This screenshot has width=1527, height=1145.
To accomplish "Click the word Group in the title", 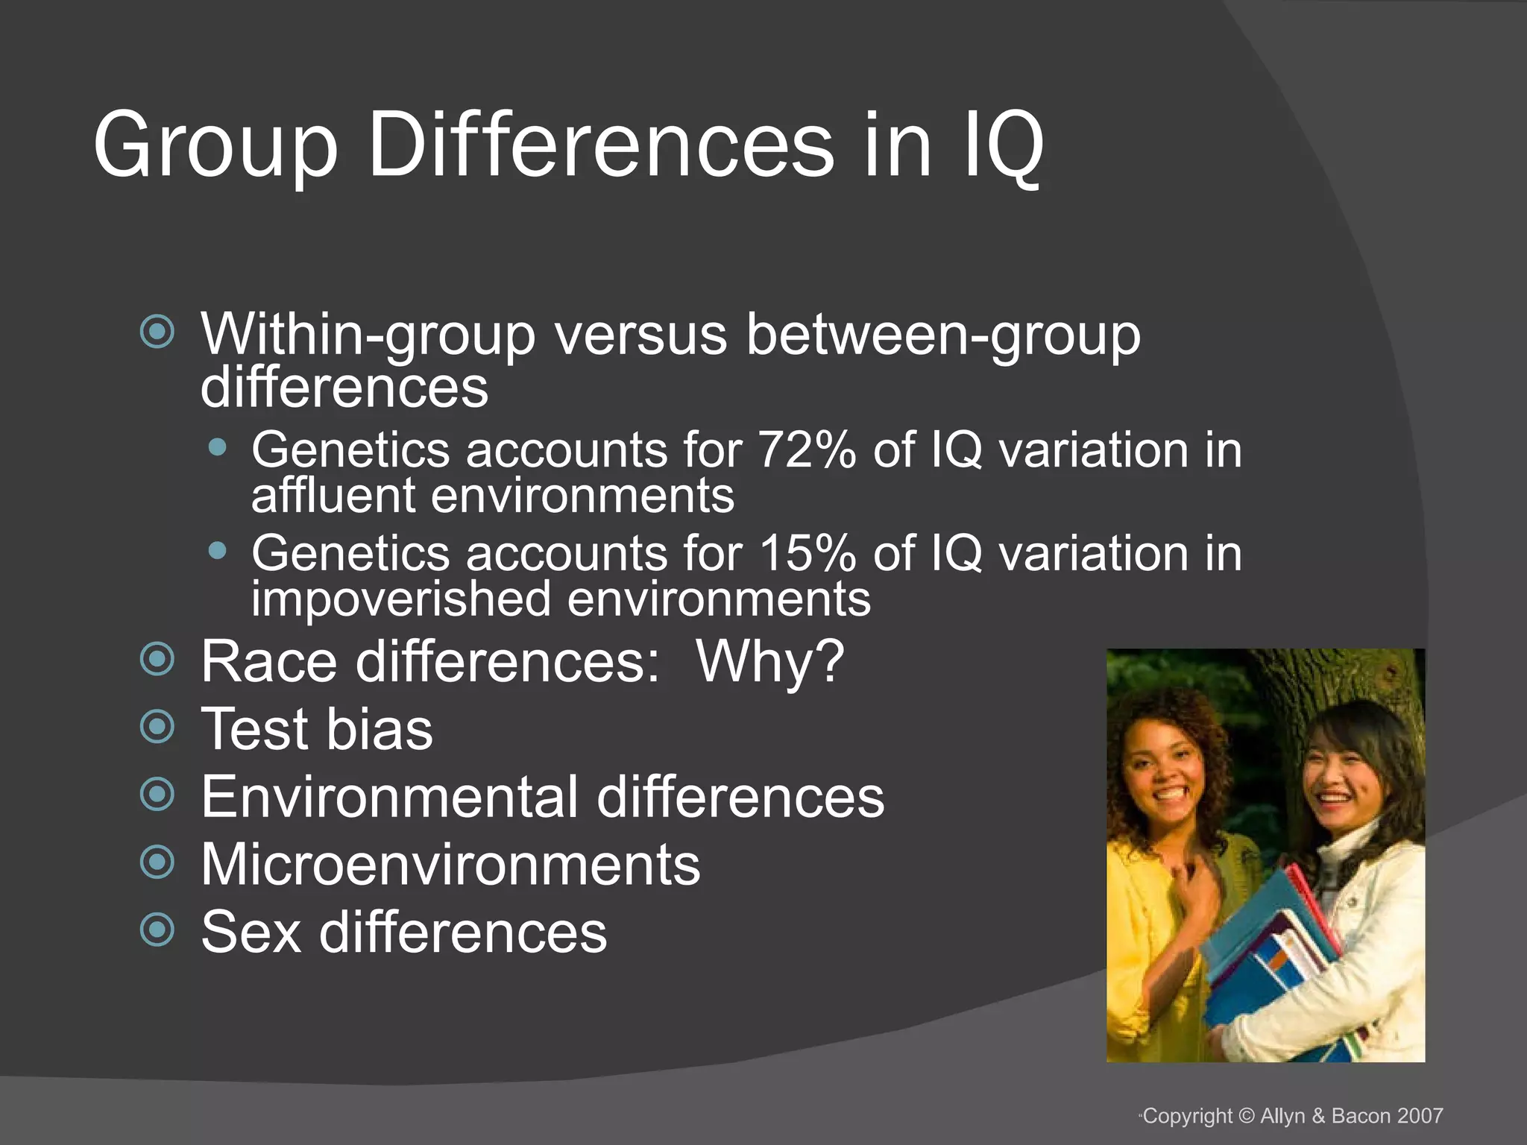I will (x=215, y=145).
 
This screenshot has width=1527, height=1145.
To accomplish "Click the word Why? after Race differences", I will (x=769, y=661).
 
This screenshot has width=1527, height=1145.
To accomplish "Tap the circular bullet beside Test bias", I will (x=157, y=727).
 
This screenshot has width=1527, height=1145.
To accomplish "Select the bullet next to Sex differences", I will (x=157, y=930).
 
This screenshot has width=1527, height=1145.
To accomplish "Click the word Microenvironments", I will (x=450, y=865).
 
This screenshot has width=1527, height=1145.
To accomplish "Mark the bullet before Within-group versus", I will (x=157, y=332).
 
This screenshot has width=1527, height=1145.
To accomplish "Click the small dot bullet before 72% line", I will (x=218, y=447).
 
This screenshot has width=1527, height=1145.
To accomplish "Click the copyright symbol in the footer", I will (x=1247, y=1116).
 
